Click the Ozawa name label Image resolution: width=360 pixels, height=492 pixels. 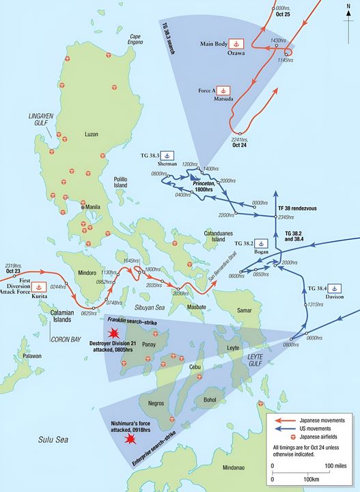click(x=234, y=55)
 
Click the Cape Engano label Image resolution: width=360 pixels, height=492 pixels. click(x=135, y=40)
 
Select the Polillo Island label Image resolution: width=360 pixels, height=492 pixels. click(x=126, y=182)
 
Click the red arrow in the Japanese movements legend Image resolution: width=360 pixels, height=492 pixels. click(x=285, y=421)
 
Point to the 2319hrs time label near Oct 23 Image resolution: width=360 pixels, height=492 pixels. click(x=14, y=265)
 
